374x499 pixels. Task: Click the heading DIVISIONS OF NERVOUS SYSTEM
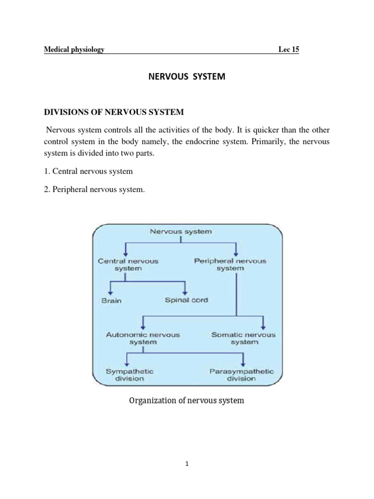(114, 112)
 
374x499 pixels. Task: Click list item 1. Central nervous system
(88, 172)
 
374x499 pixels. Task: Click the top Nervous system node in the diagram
(181, 231)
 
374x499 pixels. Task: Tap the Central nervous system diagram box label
(128, 265)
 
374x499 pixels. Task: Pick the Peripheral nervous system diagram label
(230, 265)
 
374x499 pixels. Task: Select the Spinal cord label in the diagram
(186, 300)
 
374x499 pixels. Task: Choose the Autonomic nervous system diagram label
(143, 338)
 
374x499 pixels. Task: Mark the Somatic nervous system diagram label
(243, 338)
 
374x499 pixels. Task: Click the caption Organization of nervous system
(186, 401)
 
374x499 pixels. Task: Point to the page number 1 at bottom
(187, 464)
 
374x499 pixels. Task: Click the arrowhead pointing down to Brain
(112, 291)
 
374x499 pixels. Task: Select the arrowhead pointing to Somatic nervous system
(263, 326)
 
